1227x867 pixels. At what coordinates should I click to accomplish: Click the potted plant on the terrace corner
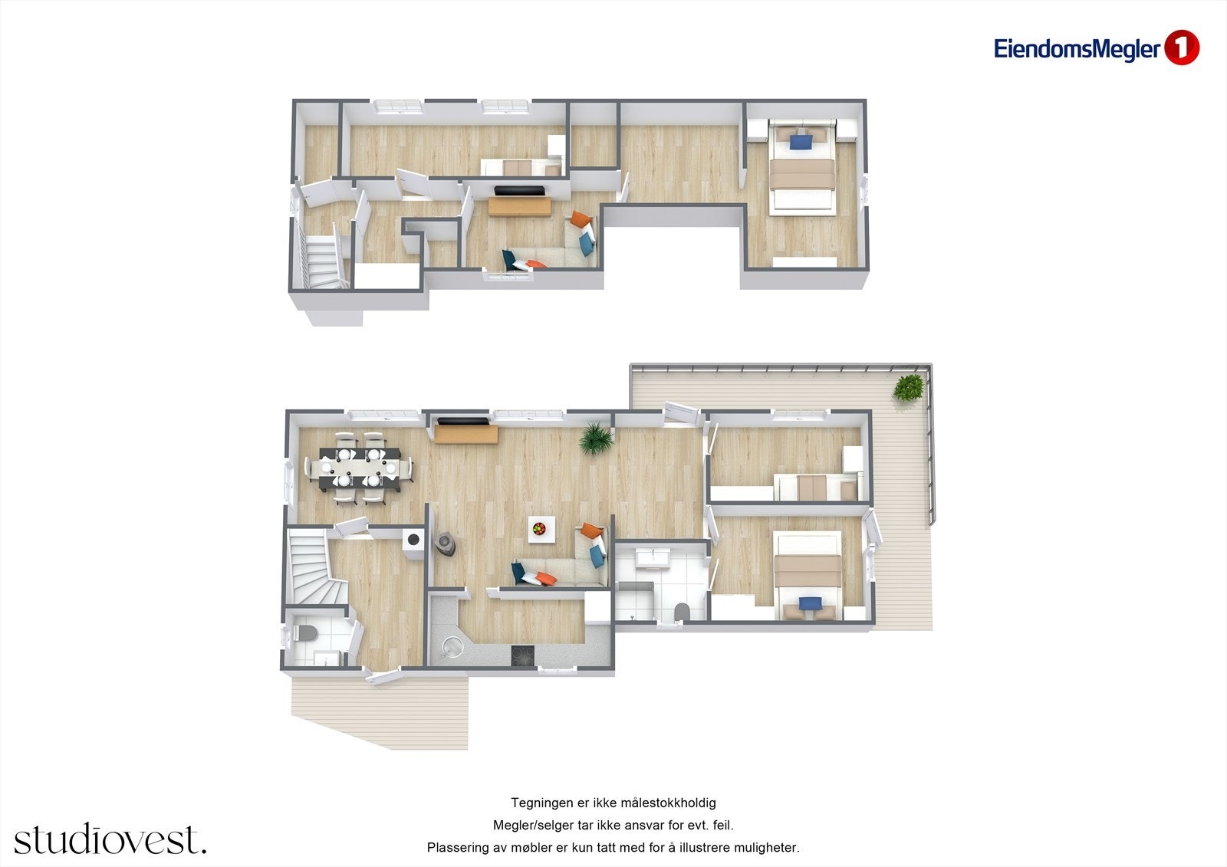coord(909,386)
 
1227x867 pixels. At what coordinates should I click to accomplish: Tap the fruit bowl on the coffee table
coord(540,527)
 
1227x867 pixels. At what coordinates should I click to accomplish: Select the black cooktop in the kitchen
coord(524,655)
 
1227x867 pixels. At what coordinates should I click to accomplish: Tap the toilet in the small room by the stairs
coord(304,633)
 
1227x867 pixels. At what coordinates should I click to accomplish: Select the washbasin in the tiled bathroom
coord(653,557)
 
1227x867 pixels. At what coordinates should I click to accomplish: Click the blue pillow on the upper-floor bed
coord(801,142)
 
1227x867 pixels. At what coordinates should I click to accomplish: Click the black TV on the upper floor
coord(519,190)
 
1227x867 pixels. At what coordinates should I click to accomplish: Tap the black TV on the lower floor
coord(462,421)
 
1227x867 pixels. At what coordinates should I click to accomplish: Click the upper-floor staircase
coord(322,259)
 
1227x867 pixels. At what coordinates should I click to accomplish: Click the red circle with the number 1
coord(1181,48)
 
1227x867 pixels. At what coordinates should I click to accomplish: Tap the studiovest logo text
coord(110,839)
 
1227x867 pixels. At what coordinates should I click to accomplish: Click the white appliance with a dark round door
coord(414,539)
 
